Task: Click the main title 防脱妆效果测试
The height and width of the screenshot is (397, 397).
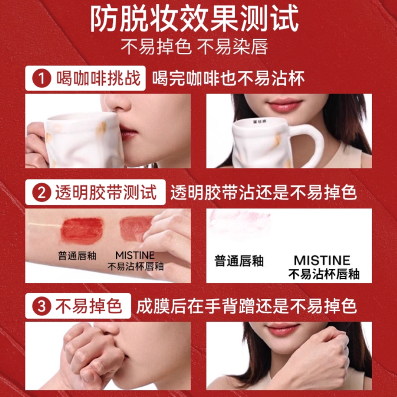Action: pos(195,19)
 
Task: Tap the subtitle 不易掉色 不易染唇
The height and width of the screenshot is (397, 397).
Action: pos(194,47)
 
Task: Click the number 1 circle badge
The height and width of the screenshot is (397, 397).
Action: pos(42,78)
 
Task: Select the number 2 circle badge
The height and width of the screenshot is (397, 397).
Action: pos(42,193)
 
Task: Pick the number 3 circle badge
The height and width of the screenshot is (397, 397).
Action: pos(42,306)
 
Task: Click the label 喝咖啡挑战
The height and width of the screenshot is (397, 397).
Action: pos(98,78)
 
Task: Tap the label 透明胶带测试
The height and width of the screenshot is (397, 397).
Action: pos(106,192)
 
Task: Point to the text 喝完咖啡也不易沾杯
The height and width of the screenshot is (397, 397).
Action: pos(228,78)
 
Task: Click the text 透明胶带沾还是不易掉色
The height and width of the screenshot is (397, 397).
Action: pos(264,192)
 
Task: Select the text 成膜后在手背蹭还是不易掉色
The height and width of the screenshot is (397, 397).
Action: pos(246,306)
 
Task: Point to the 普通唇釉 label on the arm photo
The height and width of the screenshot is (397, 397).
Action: pos(77,256)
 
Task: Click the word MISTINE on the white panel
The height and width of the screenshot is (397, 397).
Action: pos(322,261)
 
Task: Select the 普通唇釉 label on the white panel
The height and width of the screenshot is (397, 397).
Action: pos(239,261)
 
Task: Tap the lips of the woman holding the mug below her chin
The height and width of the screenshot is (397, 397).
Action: pos(285,104)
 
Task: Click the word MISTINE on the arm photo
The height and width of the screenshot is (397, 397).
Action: pos(135,255)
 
